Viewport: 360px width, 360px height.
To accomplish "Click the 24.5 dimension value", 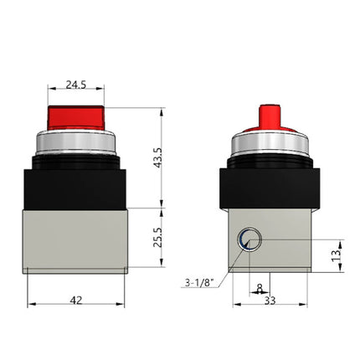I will click(76, 85).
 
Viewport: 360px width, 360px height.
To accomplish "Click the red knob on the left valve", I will click(76, 118).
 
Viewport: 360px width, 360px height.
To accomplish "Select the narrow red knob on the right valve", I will click(269, 116).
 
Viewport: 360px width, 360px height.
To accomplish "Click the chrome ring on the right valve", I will click(269, 145).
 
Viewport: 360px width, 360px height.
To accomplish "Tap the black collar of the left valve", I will click(76, 184).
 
